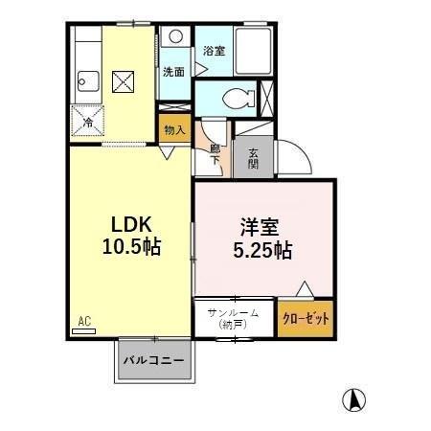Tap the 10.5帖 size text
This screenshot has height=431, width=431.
(132, 246)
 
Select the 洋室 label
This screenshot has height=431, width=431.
(259, 229)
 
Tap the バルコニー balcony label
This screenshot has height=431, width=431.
(154, 363)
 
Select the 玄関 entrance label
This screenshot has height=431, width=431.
(254, 158)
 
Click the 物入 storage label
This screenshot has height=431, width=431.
(174, 130)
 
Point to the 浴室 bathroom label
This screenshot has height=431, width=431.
(213, 51)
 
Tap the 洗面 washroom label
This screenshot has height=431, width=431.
(172, 71)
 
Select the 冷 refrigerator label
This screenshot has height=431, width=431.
(88, 123)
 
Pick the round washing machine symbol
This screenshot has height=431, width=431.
(173, 37)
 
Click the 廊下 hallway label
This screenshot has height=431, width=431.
(215, 153)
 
